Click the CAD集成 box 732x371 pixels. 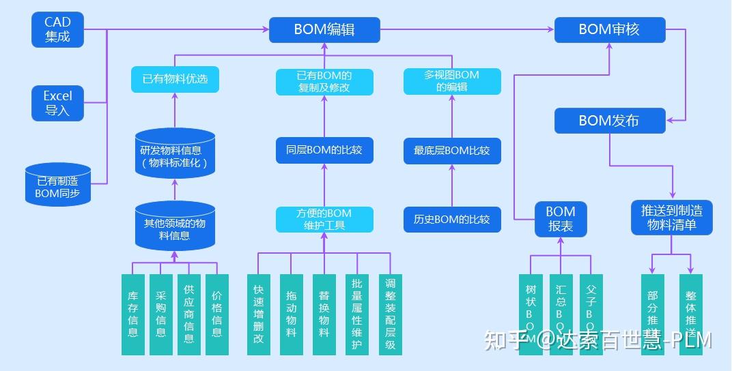tap(57, 29)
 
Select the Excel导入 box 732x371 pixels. tap(57, 103)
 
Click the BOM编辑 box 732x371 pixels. tap(324, 29)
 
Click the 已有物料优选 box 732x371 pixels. tap(175, 79)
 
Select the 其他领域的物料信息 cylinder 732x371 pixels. tap(175, 227)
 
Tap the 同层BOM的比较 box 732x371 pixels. tap(324, 150)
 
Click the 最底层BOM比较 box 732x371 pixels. tap(451, 150)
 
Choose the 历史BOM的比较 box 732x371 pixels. tap(451, 220)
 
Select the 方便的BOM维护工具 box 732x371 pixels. tap(324, 220)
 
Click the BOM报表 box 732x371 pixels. tap(561, 219)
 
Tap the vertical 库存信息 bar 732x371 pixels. tap(133, 314)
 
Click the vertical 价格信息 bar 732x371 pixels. tap(216, 314)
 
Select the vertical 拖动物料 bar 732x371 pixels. tap(292, 314)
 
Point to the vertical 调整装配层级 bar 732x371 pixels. tap(391, 314)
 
